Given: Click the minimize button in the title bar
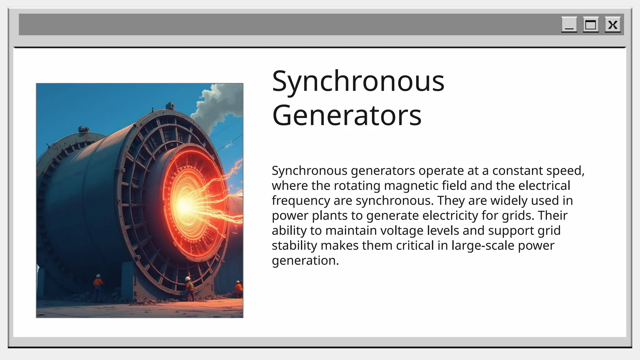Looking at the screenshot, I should [569, 25].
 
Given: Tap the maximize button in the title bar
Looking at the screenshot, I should [591, 25].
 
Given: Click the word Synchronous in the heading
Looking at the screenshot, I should [358, 81].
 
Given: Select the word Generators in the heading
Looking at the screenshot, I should [347, 115].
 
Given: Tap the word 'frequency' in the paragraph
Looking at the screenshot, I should [301, 201].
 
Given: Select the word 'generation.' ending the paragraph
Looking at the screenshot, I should [305, 261].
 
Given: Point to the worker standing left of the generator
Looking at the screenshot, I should [98, 287].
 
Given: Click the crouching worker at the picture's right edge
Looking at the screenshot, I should [238, 289].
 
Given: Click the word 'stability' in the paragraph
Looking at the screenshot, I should [294, 246].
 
